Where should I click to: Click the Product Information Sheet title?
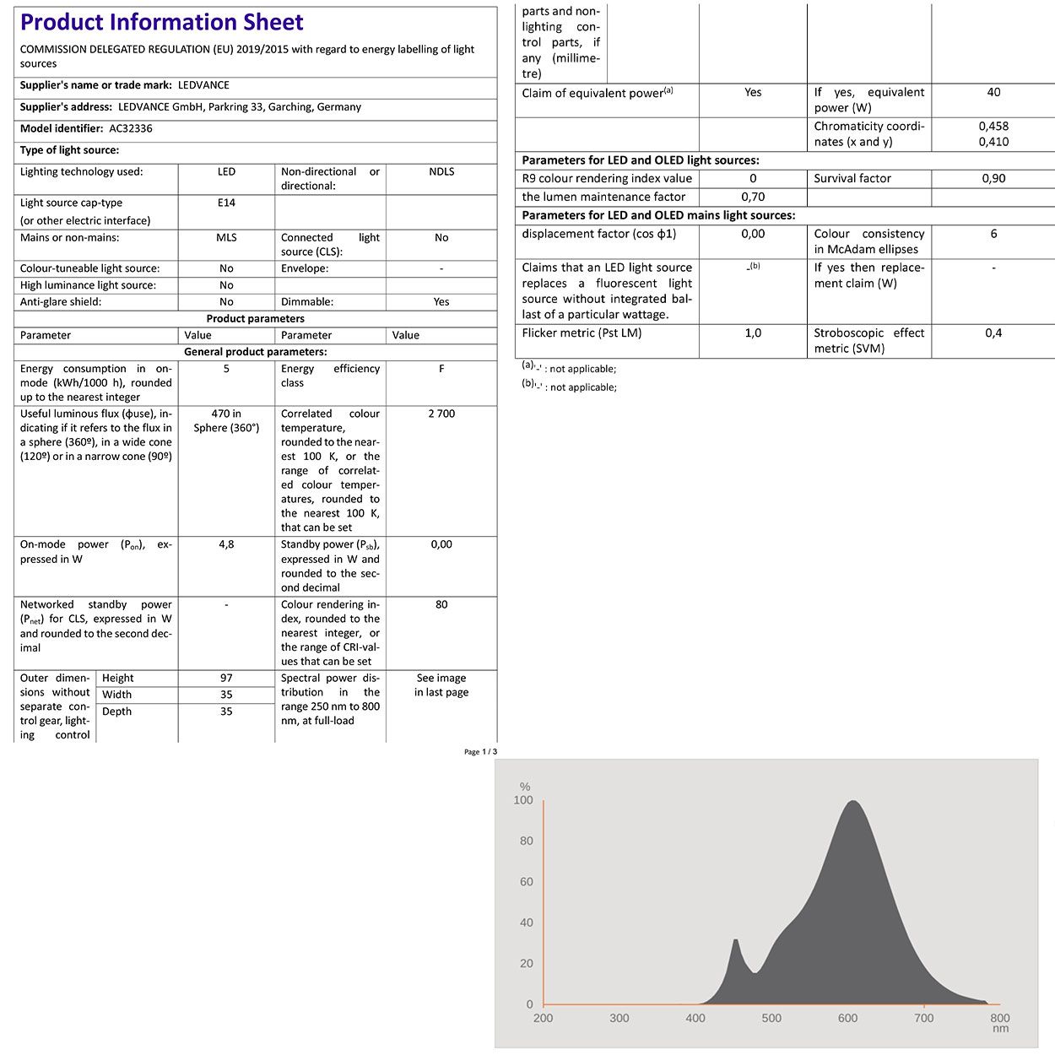[161, 23]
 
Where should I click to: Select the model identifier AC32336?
[131, 129]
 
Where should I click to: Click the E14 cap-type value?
[226, 203]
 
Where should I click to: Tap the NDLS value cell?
[441, 172]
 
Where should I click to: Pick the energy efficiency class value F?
[441, 369]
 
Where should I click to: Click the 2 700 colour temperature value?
[441, 414]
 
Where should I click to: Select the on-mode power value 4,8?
[226, 545]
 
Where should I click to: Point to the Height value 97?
[226, 679]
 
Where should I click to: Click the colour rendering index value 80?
[441, 605]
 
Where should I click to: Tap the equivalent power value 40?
[993, 93]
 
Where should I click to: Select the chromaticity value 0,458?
[993, 127]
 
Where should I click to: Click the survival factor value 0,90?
[993, 179]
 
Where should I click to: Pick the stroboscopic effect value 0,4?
[993, 333]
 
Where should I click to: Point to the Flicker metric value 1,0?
[753, 333]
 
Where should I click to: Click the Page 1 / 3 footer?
[480, 752]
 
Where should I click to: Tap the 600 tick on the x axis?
[847, 1018]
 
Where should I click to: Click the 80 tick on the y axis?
[526, 841]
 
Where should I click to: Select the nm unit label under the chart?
[1000, 1029]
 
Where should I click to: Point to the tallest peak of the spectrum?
[853, 802]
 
